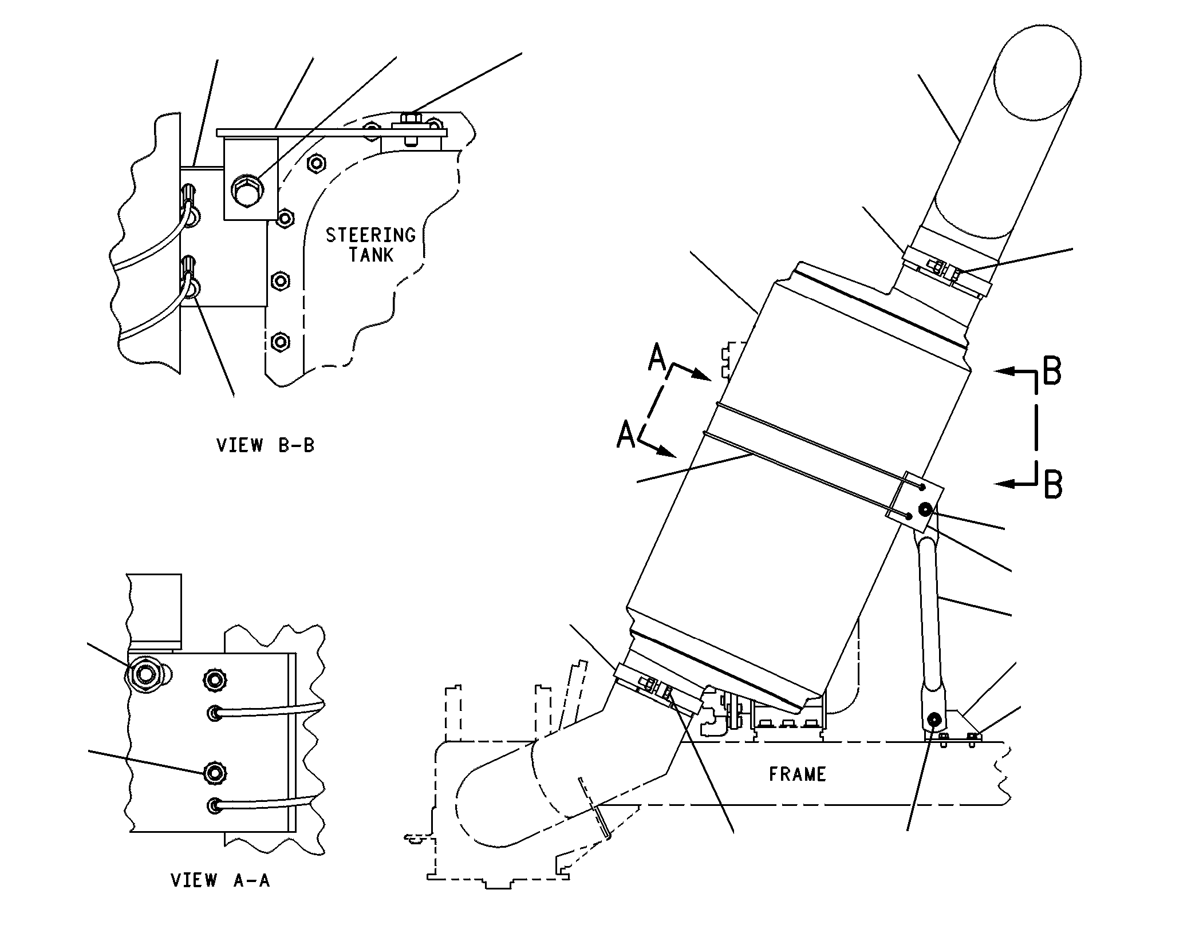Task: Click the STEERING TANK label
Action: [370, 244]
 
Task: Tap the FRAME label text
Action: [797, 774]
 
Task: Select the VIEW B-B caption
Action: [266, 445]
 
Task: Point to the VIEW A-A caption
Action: [220, 880]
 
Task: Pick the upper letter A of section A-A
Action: [658, 359]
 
